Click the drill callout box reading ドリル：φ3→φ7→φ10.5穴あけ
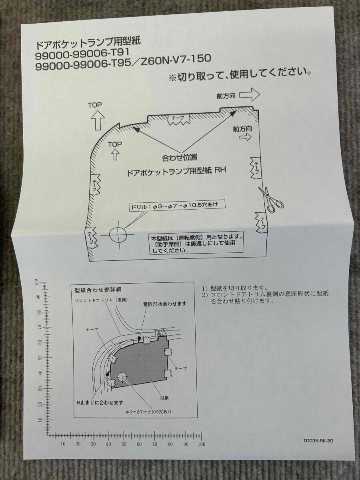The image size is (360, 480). pos(175,206)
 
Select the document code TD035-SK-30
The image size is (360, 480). pos(318,441)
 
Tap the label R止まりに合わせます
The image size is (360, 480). pos(100,402)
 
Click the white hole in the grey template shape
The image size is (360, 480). pos(122,377)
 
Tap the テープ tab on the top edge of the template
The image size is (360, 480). pos(178,119)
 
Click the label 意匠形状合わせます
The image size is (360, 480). pos(164,304)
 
